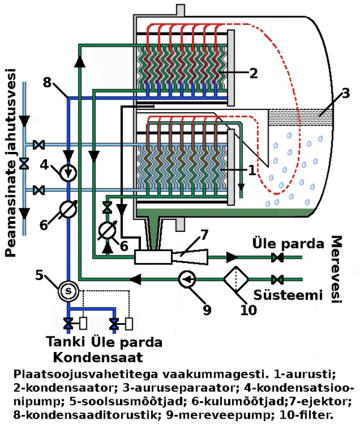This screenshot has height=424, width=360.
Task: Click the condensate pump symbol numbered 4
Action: tap(69, 172)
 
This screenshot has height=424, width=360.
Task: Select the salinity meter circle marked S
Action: tap(68, 291)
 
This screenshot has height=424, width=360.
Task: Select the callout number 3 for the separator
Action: tap(345, 94)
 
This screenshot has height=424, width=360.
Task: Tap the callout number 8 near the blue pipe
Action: tap(47, 83)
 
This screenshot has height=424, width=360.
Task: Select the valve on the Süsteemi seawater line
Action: tap(278, 279)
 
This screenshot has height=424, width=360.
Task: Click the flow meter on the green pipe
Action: tap(107, 231)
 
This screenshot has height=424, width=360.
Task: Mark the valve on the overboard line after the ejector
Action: tap(278, 258)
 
